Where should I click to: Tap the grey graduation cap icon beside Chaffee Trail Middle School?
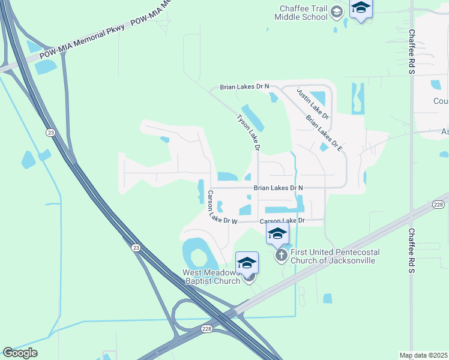[337, 12]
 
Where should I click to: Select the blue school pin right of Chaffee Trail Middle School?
[361, 8]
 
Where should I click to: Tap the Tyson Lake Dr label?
[249, 132]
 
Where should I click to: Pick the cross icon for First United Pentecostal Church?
[280, 256]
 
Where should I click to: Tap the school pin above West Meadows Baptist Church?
[247, 265]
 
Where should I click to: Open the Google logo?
[20, 353]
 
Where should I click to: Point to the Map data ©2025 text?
[424, 355]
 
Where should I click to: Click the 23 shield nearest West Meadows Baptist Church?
[136, 247]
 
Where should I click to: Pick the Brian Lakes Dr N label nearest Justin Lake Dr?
[245, 87]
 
